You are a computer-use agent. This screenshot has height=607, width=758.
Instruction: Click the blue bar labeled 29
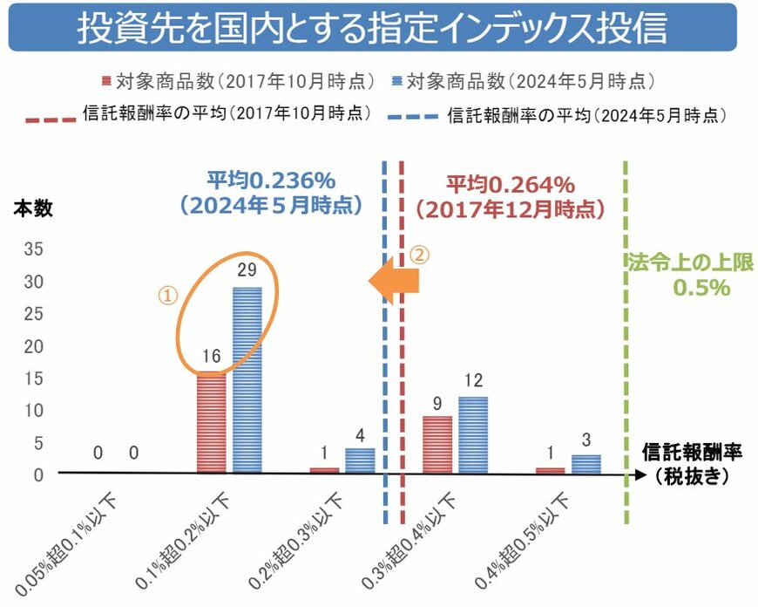(247, 379)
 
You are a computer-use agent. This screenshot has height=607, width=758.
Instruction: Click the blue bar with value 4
(360, 460)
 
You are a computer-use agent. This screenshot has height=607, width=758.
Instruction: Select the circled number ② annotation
(419, 256)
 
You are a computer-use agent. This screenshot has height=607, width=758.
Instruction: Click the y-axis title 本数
(32, 208)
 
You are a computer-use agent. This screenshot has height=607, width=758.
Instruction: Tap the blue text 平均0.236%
(271, 184)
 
